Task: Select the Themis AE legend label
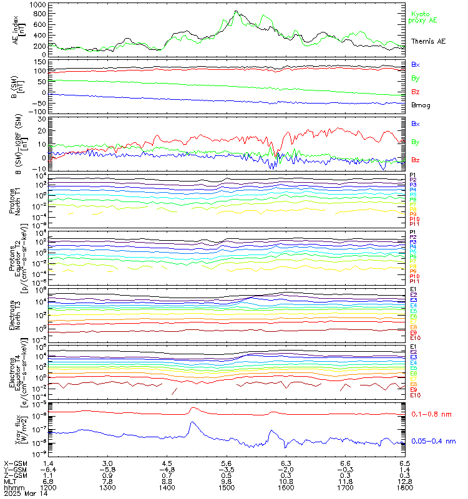click(427, 41)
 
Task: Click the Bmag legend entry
click(421, 105)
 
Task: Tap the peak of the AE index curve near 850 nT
click(236, 11)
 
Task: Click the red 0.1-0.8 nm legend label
click(432, 414)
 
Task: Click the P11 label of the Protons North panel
click(414, 224)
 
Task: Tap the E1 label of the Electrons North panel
click(413, 289)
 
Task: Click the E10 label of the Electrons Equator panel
click(414, 395)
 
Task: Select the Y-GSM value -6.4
click(47, 470)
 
